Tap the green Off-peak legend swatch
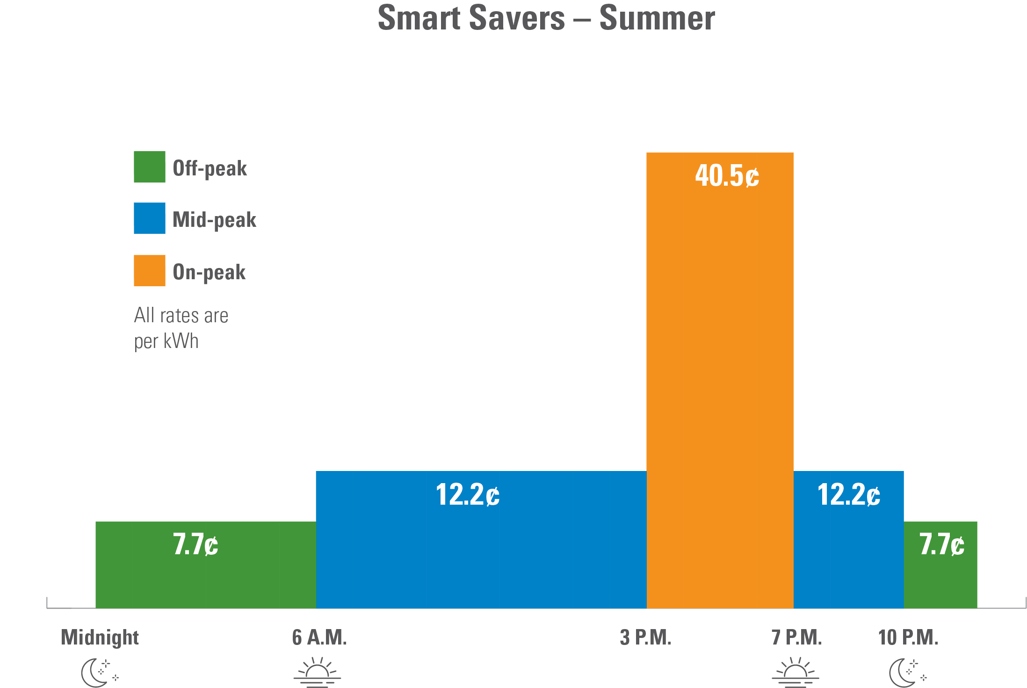tap(150, 167)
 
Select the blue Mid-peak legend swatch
tap(150, 218)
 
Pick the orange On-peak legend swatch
tap(150, 270)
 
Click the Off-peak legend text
tap(210, 168)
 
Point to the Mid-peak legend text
tap(215, 220)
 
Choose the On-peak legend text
tap(209, 272)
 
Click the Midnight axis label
tap(100, 637)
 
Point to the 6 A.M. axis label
tap(319, 637)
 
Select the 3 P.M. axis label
tap(645, 637)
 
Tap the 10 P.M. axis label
tap(908, 637)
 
